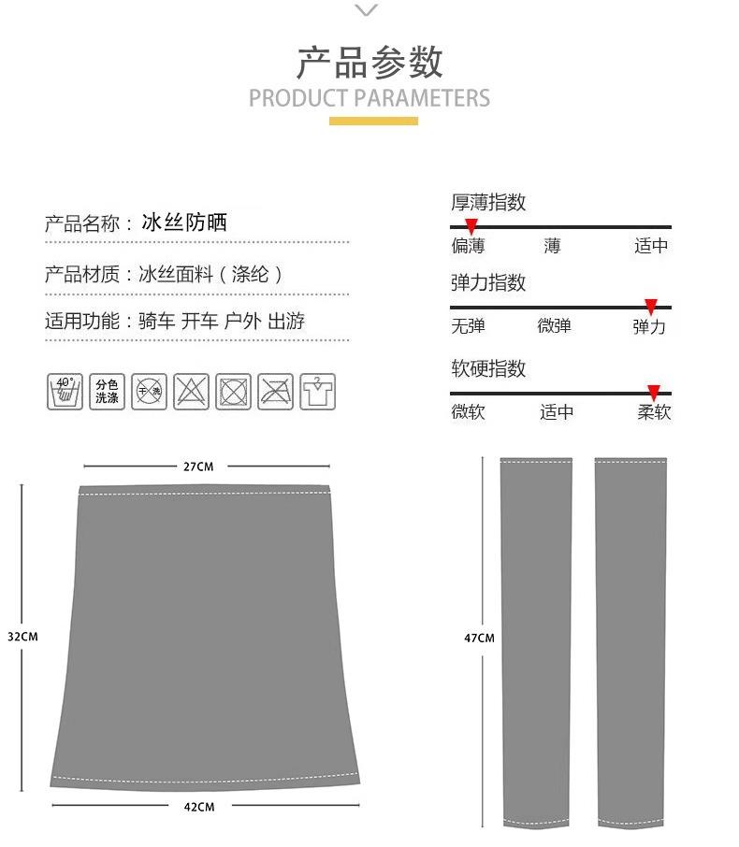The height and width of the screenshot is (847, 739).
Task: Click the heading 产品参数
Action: [x=369, y=63]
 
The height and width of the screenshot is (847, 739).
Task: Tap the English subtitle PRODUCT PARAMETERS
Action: [x=369, y=98]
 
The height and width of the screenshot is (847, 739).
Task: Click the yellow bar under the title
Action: [x=373, y=121]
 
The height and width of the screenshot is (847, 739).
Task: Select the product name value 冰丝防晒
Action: [x=184, y=223]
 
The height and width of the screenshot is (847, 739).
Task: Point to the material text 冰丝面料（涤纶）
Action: [x=210, y=274]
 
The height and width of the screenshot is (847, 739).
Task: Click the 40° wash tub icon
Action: [x=64, y=391]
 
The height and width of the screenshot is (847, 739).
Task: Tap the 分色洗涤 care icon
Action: [x=107, y=391]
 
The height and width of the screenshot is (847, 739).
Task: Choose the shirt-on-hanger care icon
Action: [x=318, y=391]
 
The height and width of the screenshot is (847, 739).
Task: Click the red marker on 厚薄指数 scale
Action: [x=471, y=226]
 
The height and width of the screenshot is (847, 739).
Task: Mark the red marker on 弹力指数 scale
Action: [x=651, y=306]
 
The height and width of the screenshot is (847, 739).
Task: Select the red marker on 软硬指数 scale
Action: [x=654, y=393]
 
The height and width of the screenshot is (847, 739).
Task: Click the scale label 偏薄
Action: [x=468, y=246]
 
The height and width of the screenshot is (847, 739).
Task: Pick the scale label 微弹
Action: [x=554, y=326]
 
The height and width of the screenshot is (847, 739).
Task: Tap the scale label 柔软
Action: [x=654, y=412]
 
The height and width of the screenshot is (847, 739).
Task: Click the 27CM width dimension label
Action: [x=198, y=466]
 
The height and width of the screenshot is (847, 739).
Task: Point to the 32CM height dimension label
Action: [x=22, y=637]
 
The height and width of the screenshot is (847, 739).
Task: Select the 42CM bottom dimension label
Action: [x=198, y=806]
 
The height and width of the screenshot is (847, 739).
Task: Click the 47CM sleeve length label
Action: [x=479, y=639]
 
